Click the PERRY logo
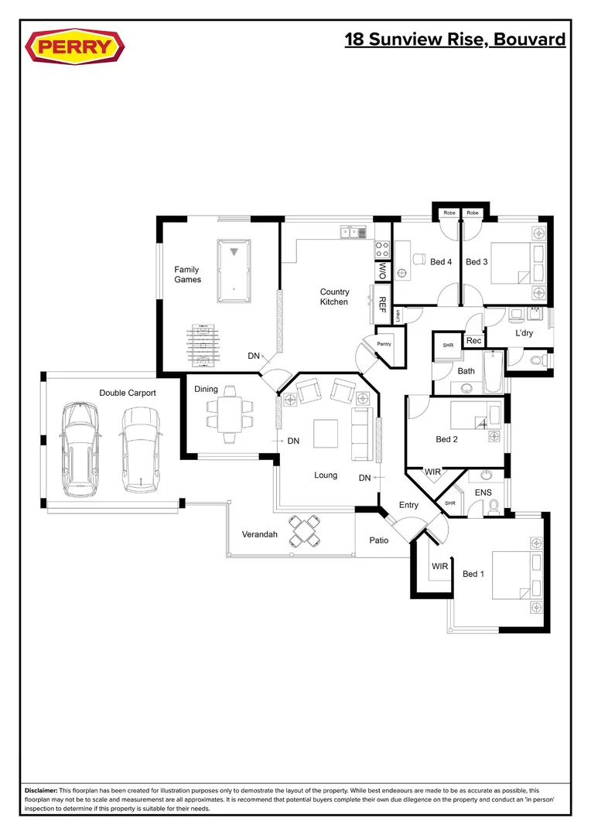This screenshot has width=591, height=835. point(74,47)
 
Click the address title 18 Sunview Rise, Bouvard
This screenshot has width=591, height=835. point(455,39)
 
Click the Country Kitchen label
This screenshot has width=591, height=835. point(334,297)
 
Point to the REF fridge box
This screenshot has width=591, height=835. point(382,303)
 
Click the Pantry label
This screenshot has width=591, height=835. point(383,343)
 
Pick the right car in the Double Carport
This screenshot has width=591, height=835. point(139,449)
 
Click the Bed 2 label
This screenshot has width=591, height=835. point(447,439)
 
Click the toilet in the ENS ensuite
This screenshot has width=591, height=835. point(494,506)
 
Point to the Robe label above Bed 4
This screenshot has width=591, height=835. point(449,213)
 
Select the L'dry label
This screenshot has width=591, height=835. point(524,333)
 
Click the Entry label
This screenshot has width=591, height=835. point(408,505)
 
